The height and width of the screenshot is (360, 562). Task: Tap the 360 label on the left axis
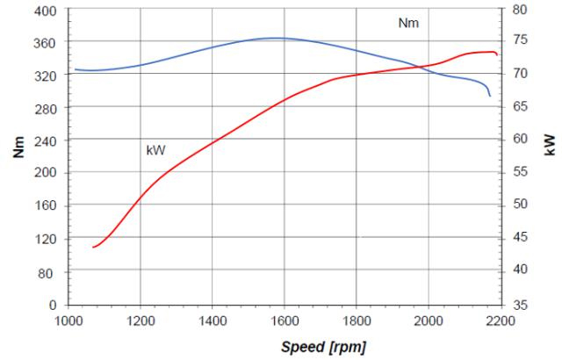(46, 44)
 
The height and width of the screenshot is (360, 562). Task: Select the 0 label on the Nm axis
(53, 306)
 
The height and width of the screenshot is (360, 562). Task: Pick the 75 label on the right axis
(520, 40)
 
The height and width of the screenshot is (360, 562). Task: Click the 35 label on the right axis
(520, 306)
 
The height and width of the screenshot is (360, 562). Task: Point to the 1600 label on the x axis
(284, 321)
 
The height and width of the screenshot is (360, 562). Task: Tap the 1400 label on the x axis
(212, 321)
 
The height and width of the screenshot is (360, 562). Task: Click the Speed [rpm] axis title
(323, 347)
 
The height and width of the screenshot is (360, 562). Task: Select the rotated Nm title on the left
(18, 148)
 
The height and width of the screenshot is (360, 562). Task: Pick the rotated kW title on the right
(550, 145)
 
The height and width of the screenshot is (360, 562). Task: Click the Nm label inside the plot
(408, 23)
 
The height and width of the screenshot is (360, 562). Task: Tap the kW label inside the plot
(156, 150)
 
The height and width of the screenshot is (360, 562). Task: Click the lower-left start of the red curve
(93, 247)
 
